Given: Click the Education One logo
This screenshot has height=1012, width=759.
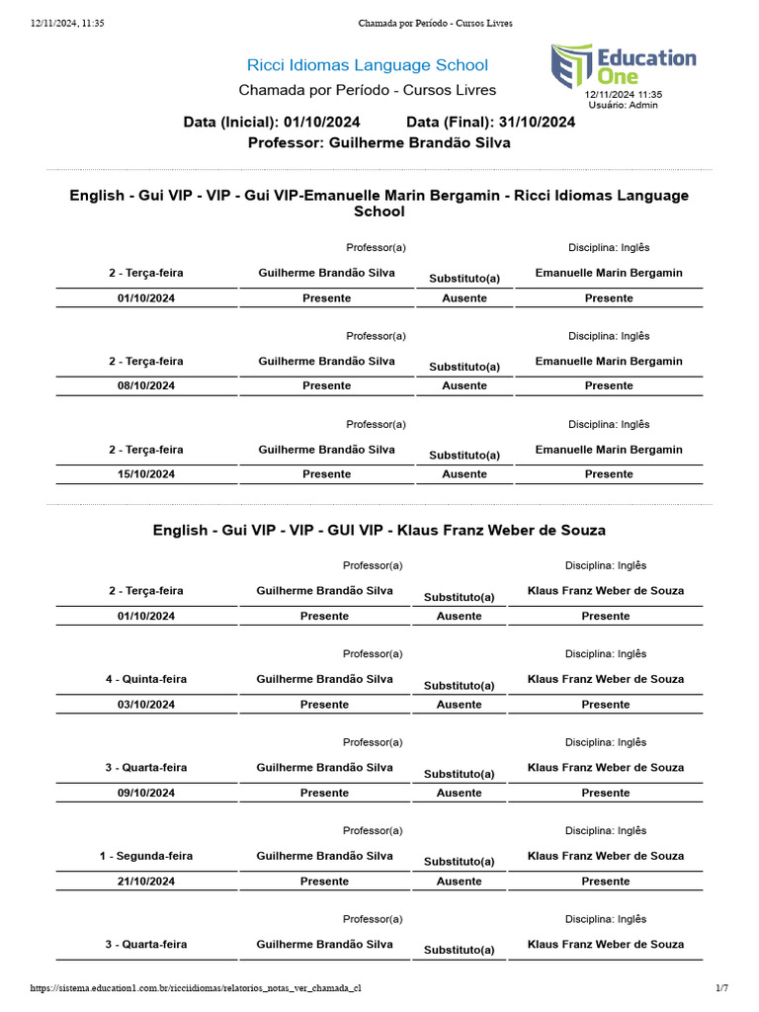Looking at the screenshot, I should [x=623, y=65].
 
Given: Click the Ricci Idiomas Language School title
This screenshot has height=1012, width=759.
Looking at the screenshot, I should [x=367, y=65].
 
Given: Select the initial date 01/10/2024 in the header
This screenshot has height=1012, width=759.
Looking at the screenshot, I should [x=321, y=122].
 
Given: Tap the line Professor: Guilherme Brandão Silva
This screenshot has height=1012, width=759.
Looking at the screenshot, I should [x=379, y=142].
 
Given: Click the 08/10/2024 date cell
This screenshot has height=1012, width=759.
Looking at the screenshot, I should [x=146, y=385].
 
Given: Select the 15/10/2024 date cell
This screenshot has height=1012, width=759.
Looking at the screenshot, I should [x=146, y=474].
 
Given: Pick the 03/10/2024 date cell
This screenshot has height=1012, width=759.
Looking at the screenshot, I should [x=146, y=705].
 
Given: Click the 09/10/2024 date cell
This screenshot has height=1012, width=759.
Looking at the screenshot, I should [x=146, y=793].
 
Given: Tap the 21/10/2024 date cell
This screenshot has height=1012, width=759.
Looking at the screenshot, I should [x=146, y=882].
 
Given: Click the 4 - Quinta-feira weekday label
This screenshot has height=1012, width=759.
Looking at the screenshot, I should [x=146, y=679].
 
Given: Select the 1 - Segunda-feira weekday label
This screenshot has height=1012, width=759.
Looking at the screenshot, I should [x=146, y=856].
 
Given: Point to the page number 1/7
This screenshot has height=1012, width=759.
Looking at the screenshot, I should [x=721, y=988].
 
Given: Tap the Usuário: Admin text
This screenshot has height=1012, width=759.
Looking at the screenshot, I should [x=623, y=105].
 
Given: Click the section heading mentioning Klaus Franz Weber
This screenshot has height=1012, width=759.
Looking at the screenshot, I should [x=379, y=531].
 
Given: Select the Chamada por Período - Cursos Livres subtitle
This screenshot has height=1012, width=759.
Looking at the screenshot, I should [x=367, y=90].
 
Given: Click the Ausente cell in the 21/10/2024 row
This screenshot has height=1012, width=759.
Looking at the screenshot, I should [x=459, y=882].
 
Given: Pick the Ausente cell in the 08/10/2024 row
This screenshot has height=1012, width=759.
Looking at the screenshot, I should [x=464, y=385].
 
